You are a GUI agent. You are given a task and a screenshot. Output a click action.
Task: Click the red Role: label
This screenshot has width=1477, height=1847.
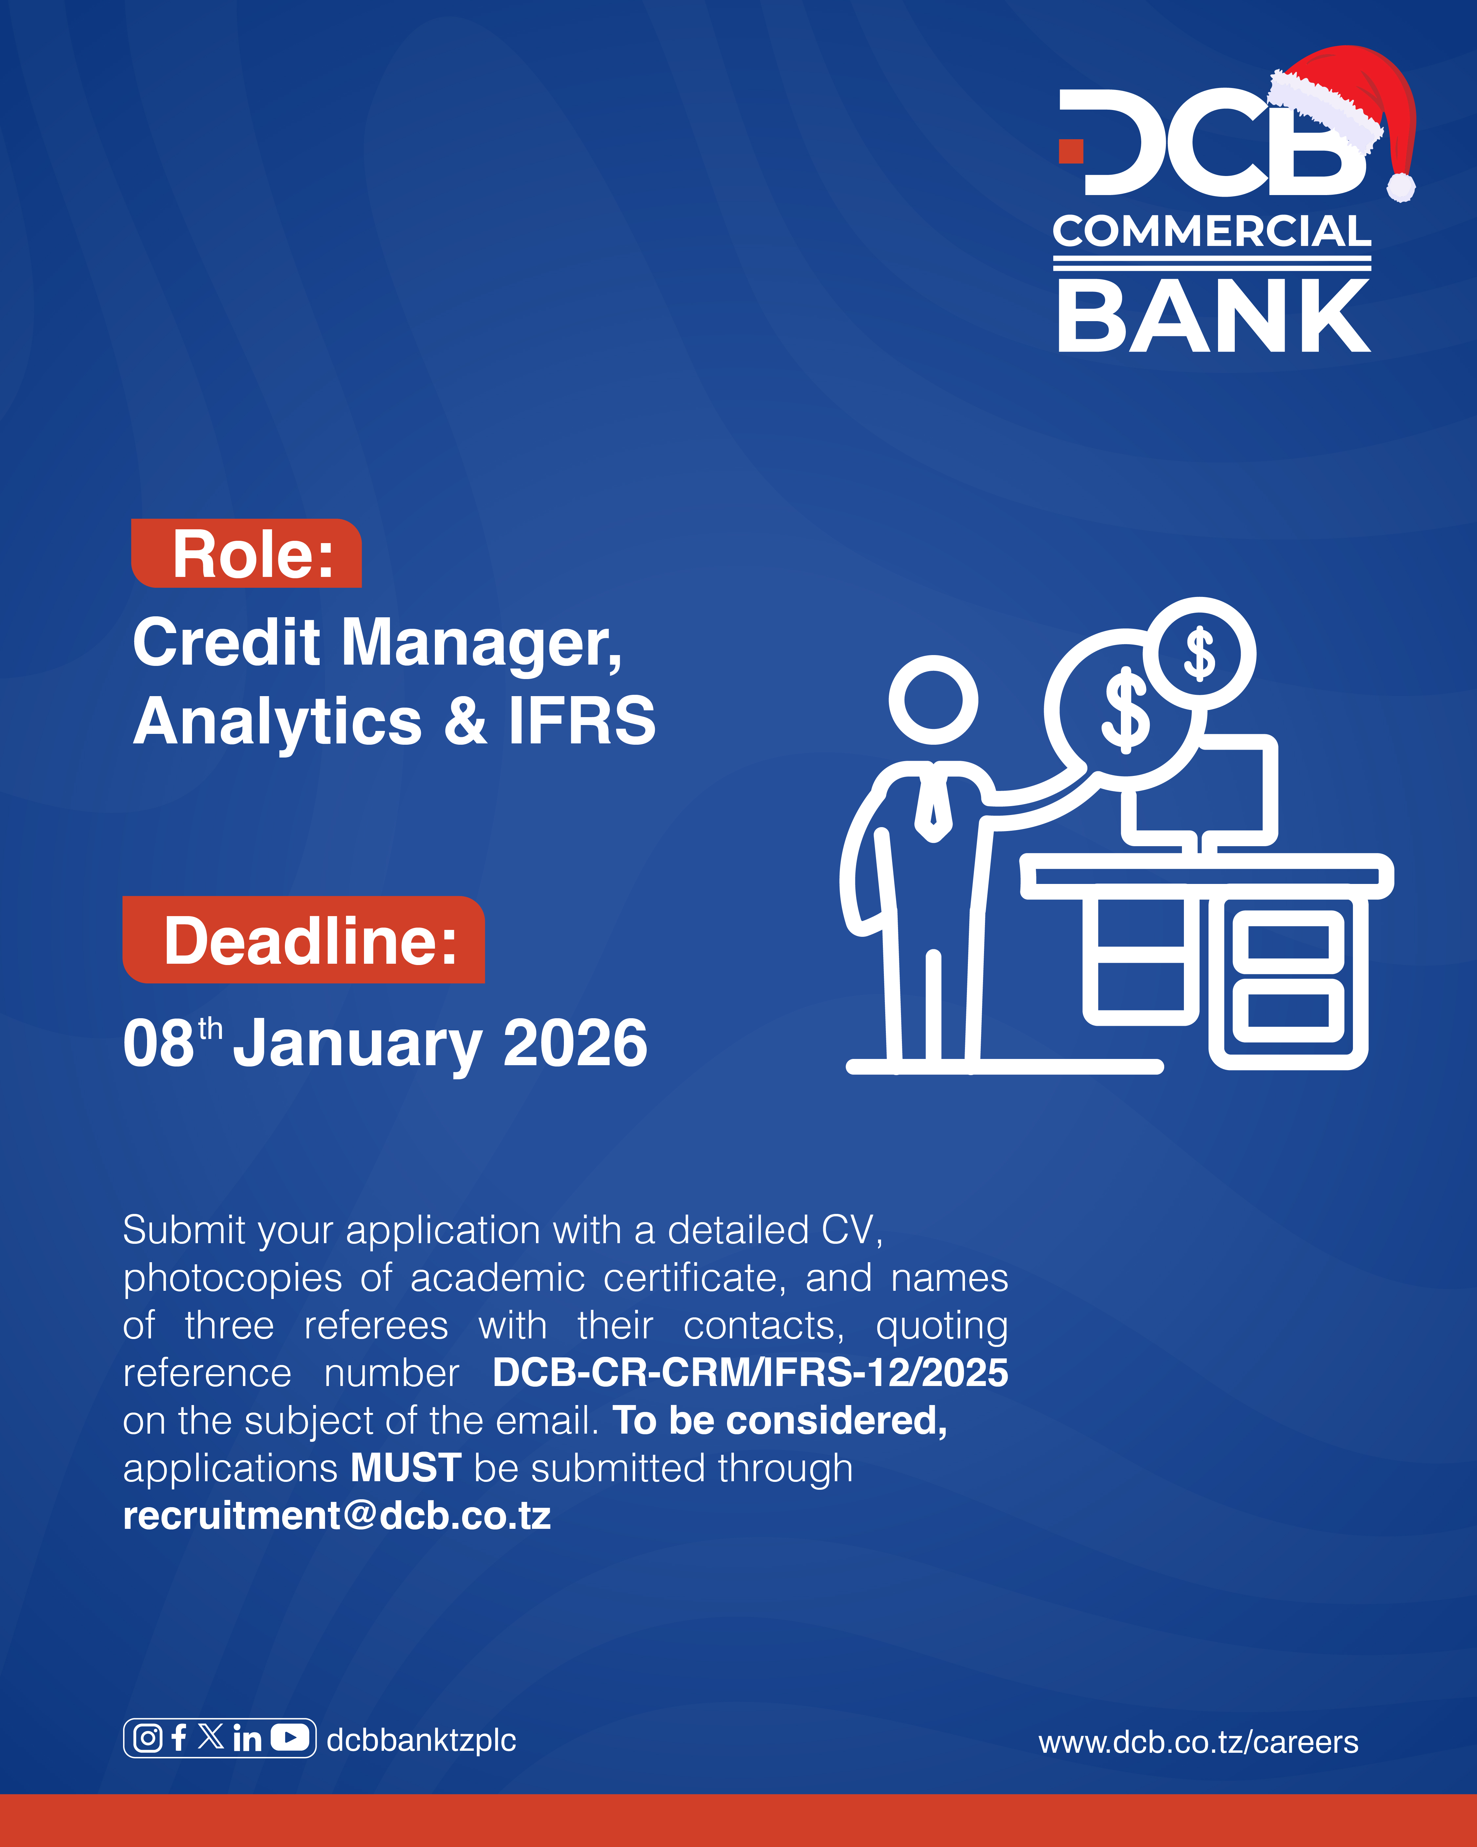point(246,553)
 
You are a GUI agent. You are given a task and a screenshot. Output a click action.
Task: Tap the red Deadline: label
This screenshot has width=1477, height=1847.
point(304,940)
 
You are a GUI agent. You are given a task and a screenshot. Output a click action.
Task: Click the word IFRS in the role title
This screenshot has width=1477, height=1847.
point(582,720)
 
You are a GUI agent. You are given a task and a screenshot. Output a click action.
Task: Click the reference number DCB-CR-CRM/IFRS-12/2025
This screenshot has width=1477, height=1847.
point(750,1373)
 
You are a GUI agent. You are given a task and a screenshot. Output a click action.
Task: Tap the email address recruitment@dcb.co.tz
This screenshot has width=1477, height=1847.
point(336,1515)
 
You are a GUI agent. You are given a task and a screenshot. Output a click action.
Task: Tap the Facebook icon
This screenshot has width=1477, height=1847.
point(179,1737)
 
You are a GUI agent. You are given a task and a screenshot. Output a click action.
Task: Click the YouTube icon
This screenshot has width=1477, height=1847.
point(290,1737)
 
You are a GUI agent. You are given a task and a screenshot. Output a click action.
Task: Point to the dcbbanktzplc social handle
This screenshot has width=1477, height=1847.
point(421,1739)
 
